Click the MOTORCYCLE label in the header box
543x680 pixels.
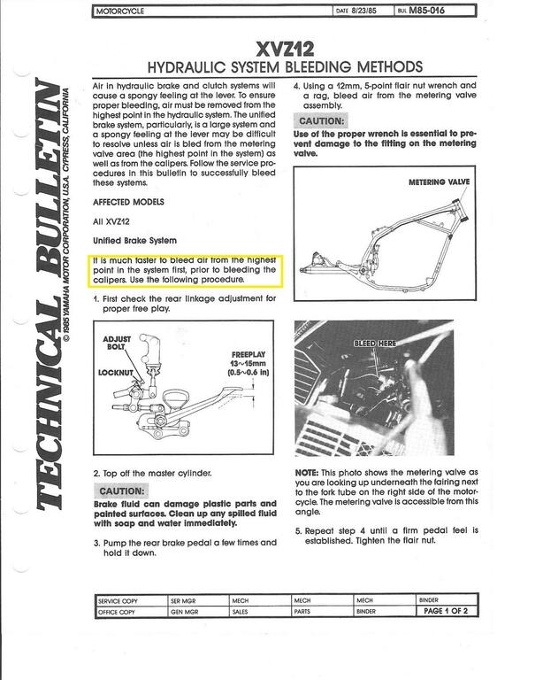click(120, 12)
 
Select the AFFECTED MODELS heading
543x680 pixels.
click(129, 201)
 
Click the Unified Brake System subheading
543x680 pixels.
click(135, 240)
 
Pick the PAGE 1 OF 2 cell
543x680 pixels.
click(452, 611)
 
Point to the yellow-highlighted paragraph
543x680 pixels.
click(184, 267)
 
